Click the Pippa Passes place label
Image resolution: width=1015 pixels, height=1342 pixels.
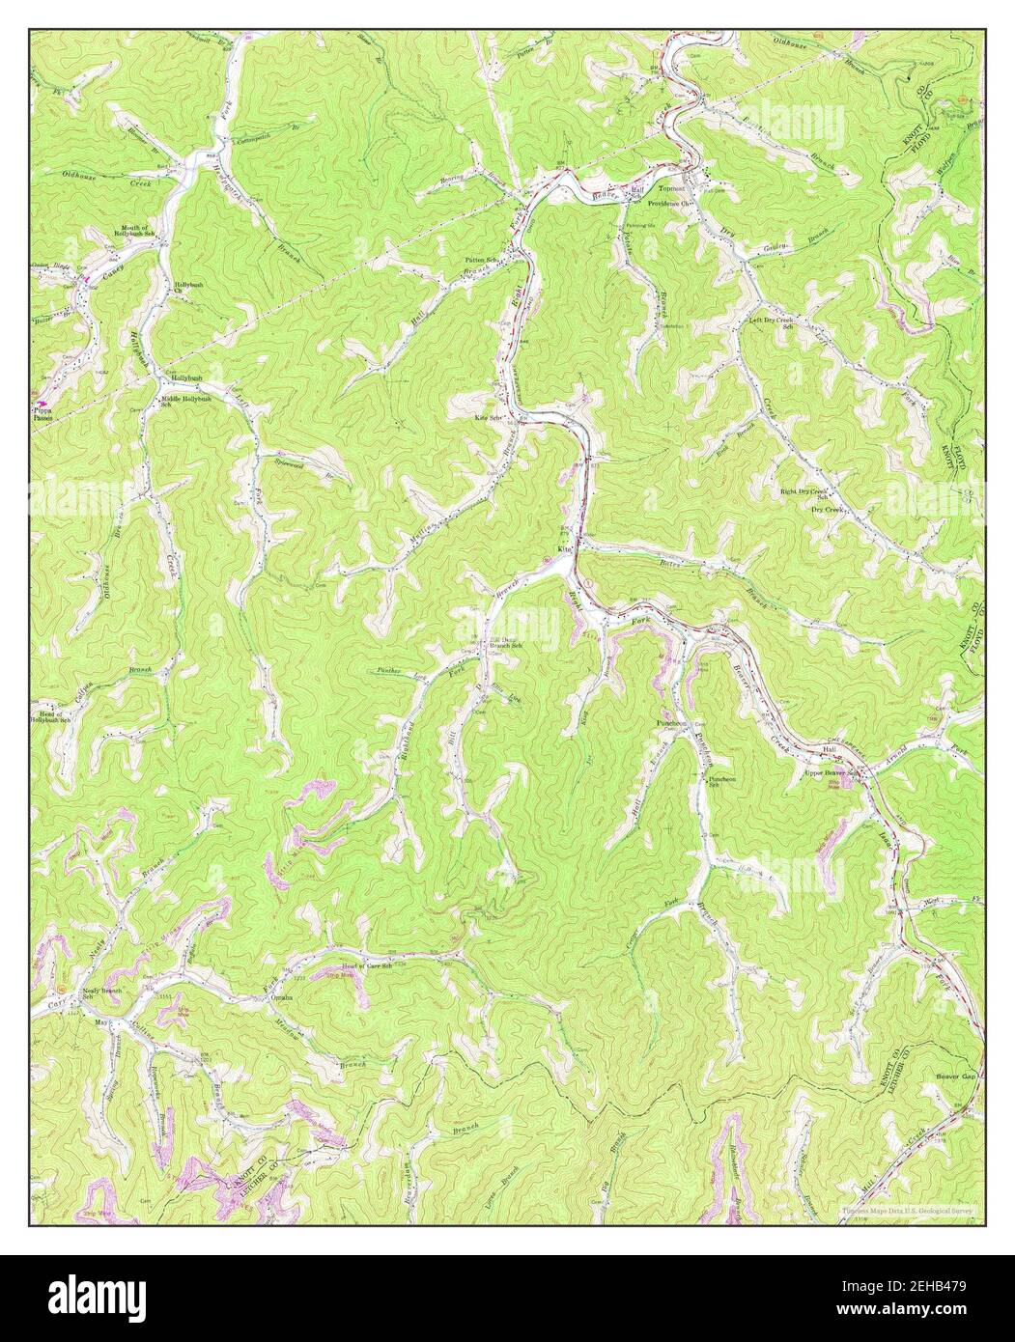click(x=42, y=415)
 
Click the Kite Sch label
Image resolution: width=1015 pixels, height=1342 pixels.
click(x=490, y=418)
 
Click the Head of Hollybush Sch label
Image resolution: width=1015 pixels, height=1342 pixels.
click(x=50, y=716)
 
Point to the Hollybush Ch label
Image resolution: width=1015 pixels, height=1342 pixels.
click(x=185, y=289)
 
